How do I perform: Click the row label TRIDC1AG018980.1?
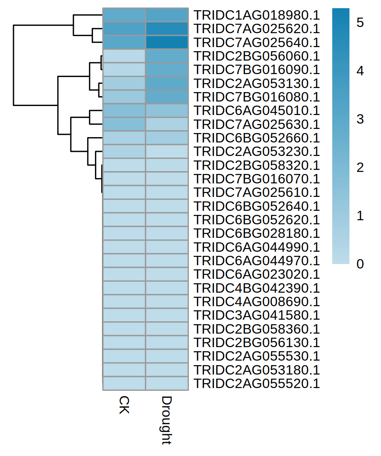(x=256, y=15)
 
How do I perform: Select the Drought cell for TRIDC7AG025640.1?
(x=167, y=43)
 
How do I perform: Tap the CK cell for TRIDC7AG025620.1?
(x=124, y=29)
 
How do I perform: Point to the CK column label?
(x=124, y=405)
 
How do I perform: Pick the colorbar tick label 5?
(x=360, y=23)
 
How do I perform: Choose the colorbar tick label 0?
(x=360, y=264)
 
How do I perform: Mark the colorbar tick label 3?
(x=360, y=120)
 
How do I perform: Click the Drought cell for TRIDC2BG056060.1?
(x=167, y=56)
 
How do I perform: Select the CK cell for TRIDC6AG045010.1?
(x=124, y=111)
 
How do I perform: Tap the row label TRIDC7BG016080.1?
(x=256, y=97)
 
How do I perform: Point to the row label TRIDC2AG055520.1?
(x=256, y=384)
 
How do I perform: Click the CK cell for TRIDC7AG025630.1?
(x=124, y=124)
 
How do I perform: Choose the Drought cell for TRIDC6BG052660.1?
(x=167, y=138)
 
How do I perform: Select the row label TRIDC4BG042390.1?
(x=256, y=288)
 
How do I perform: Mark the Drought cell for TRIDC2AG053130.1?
(x=167, y=84)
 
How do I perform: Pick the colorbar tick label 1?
(x=360, y=216)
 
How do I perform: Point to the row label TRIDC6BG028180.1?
(x=256, y=234)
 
